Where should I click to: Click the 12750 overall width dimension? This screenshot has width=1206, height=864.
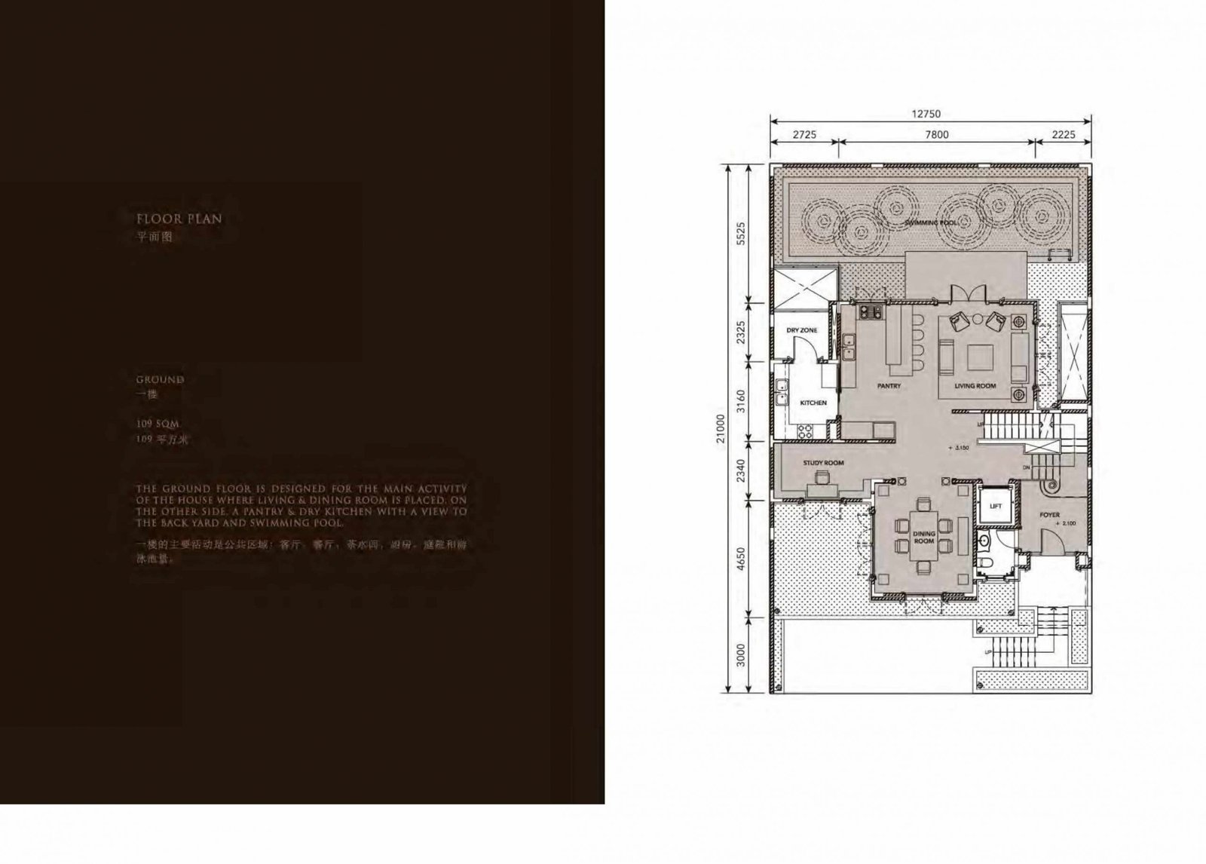tap(926, 115)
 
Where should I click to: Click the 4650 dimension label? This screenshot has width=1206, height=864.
tap(740, 559)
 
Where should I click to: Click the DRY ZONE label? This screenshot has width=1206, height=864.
tap(801, 330)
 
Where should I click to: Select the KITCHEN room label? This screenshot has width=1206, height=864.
tap(813, 403)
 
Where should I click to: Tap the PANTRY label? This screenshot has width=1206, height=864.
tap(889, 386)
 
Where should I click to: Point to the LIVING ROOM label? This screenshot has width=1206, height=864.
tap(975, 386)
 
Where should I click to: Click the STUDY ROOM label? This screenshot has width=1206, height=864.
tap(823, 463)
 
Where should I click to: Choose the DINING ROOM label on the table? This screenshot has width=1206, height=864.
tap(924, 538)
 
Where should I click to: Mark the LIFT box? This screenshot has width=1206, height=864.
tap(995, 506)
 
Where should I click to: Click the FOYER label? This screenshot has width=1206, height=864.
tap(1049, 516)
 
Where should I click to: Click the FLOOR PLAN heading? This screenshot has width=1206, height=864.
tap(179, 219)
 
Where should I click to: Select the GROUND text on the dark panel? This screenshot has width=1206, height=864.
tap(160, 380)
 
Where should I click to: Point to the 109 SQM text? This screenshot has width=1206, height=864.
tap(158, 424)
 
